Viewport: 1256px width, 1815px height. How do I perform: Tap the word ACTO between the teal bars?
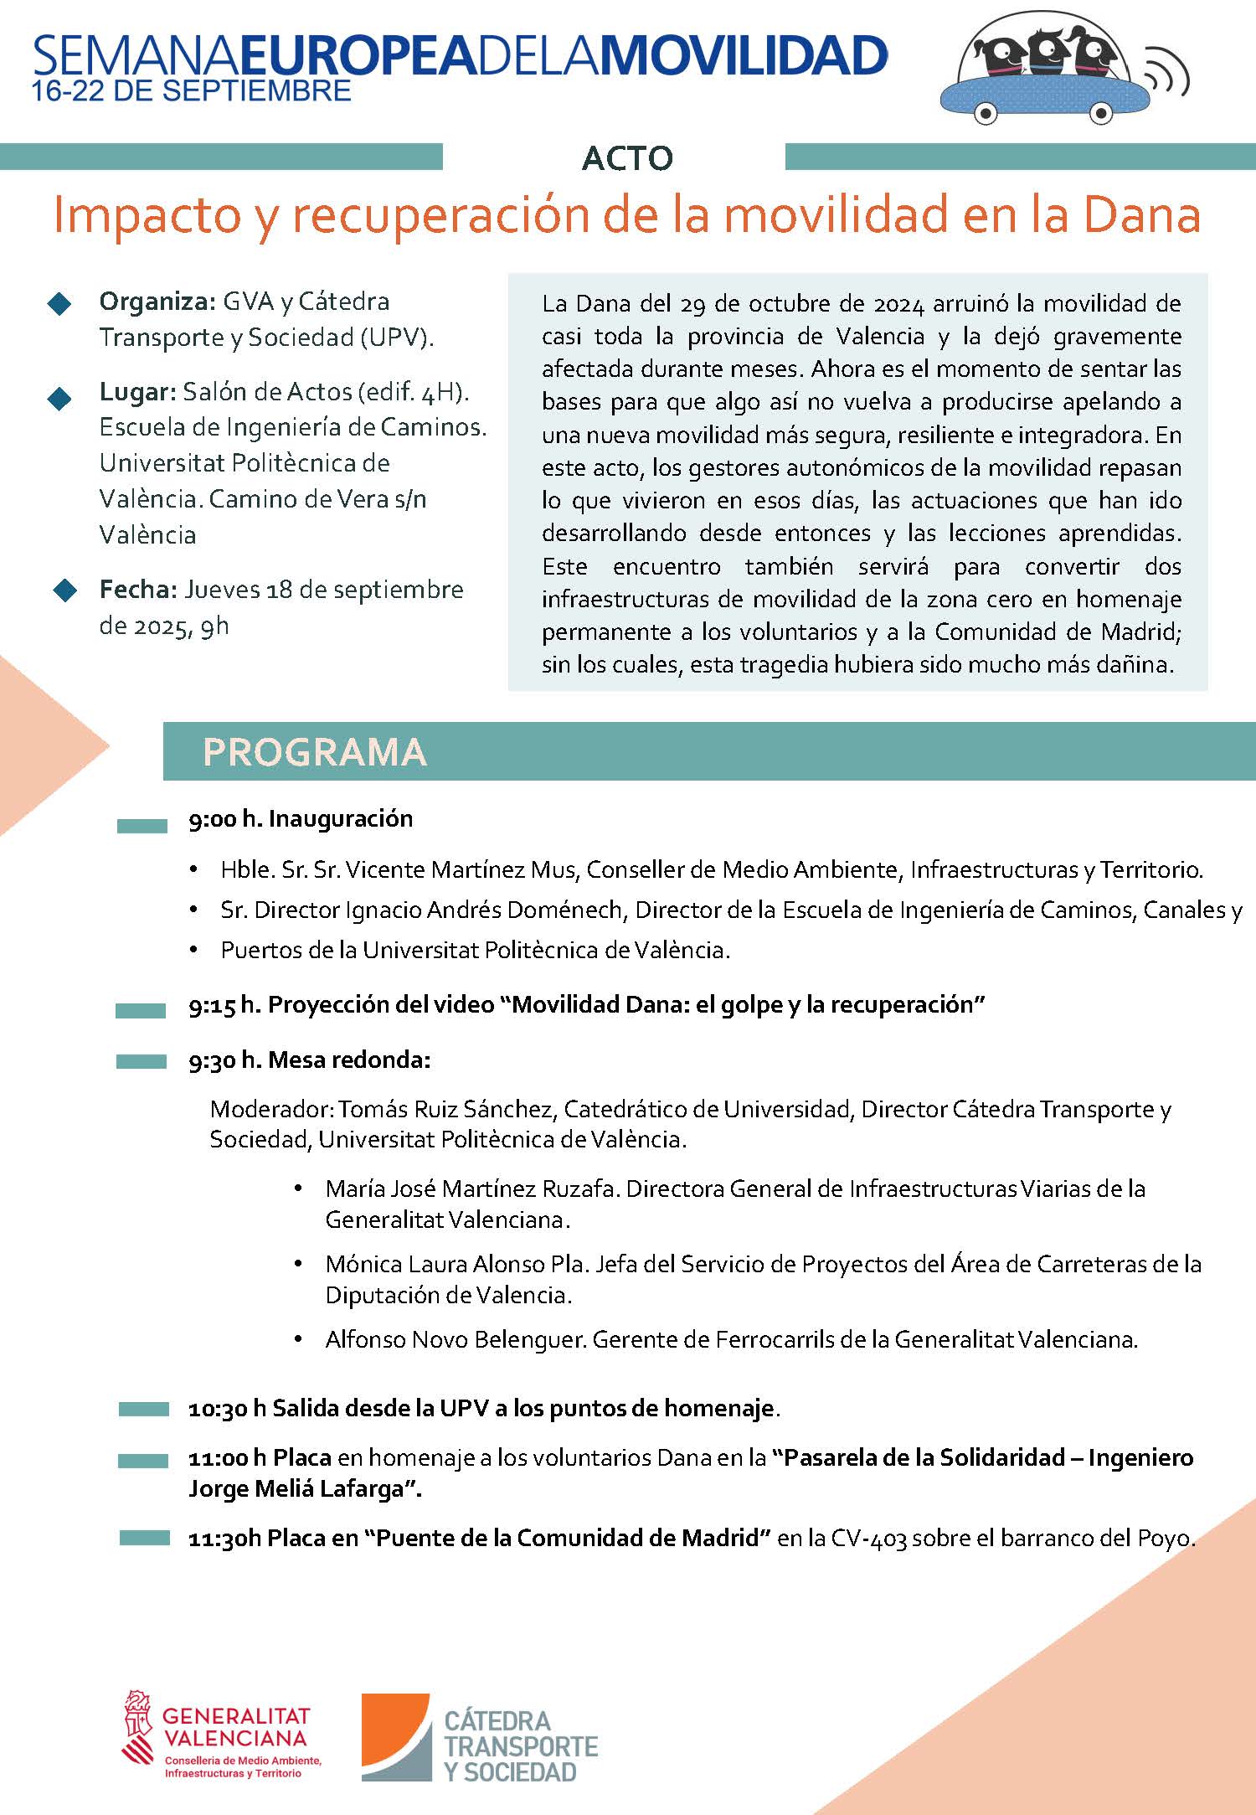click(x=627, y=157)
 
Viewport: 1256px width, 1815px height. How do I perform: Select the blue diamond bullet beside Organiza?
click(x=59, y=304)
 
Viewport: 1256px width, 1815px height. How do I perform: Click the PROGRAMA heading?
click(x=315, y=752)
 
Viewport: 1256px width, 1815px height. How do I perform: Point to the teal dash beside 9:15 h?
click(x=141, y=1011)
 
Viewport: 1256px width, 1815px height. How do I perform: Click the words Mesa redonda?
click(x=349, y=1060)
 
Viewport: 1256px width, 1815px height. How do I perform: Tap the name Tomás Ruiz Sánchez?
click(x=445, y=1109)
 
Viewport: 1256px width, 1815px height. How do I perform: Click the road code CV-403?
click(x=868, y=1539)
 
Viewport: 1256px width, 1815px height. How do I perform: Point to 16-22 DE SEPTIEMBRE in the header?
click(x=191, y=91)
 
